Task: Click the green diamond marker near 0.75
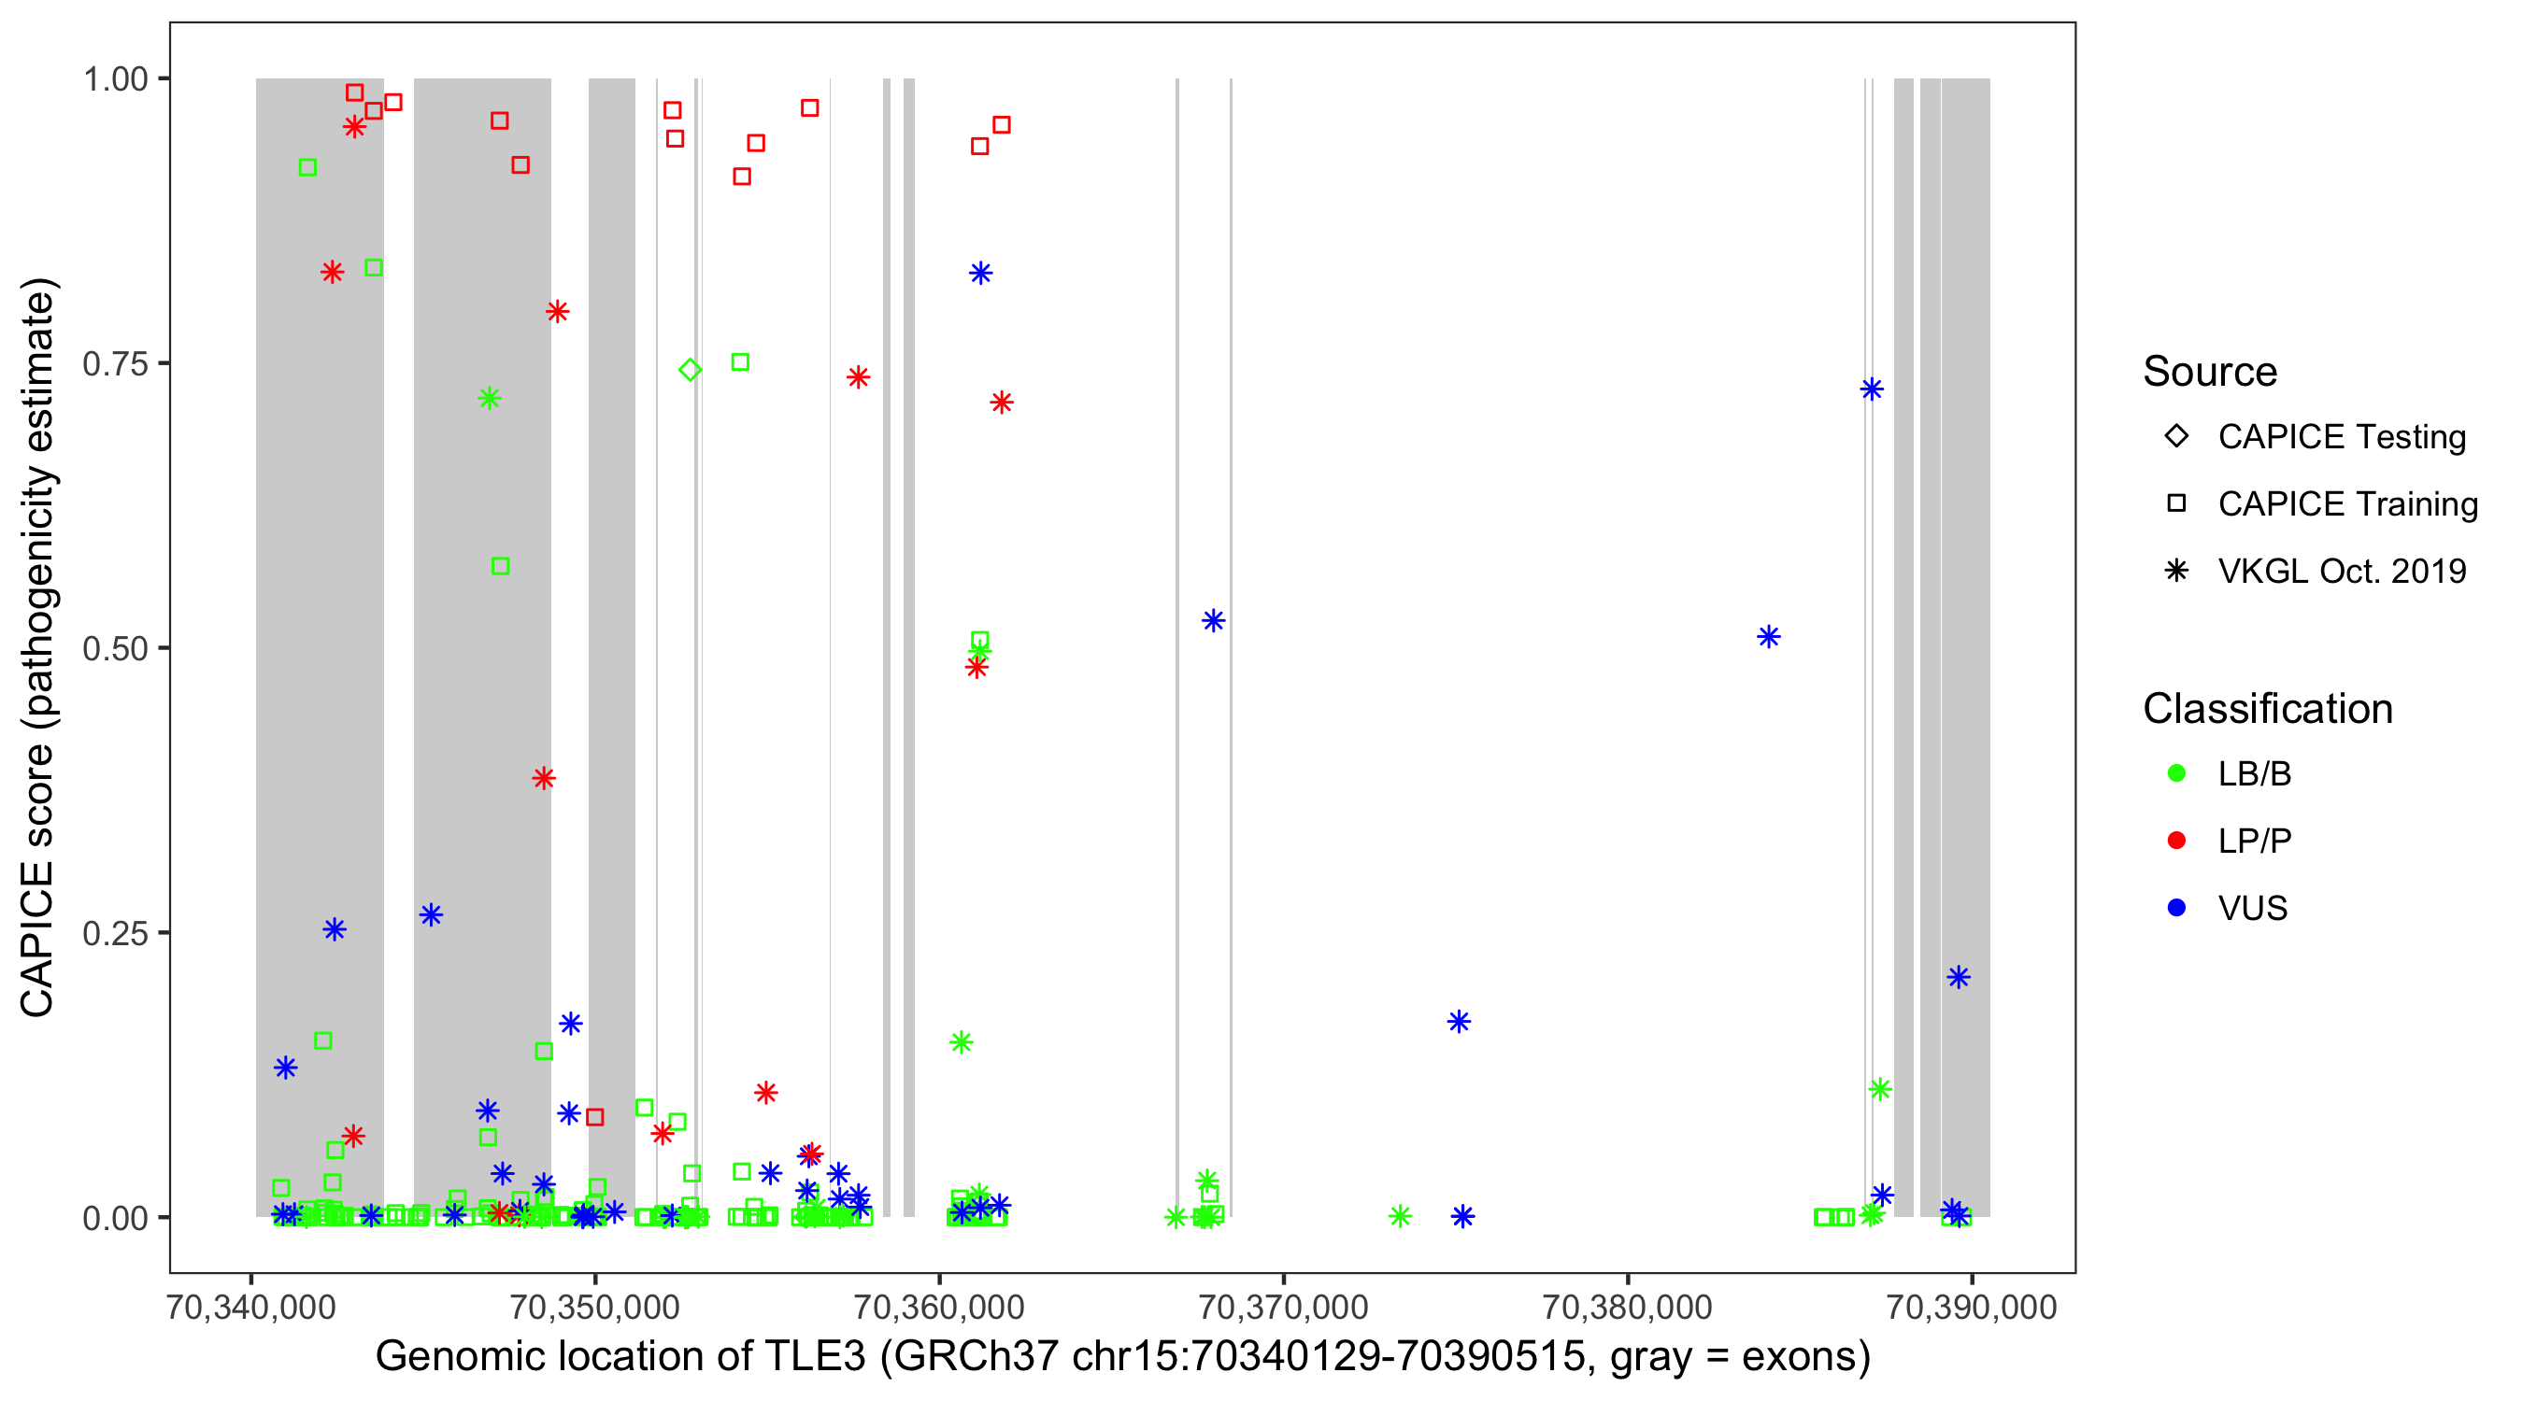point(690,369)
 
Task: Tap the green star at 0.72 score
point(490,398)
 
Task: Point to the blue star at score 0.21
point(1958,976)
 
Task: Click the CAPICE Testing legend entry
point(2341,437)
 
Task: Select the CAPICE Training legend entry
point(2346,503)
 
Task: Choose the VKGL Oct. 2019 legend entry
point(2341,571)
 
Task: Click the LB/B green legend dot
point(2176,773)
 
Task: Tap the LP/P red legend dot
point(2176,841)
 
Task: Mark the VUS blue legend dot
point(2176,908)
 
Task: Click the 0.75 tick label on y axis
point(115,364)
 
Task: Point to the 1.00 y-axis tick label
point(115,79)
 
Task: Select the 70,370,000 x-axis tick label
point(1283,1307)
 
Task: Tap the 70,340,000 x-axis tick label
point(251,1307)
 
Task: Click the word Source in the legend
point(2210,372)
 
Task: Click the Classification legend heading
point(2267,709)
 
